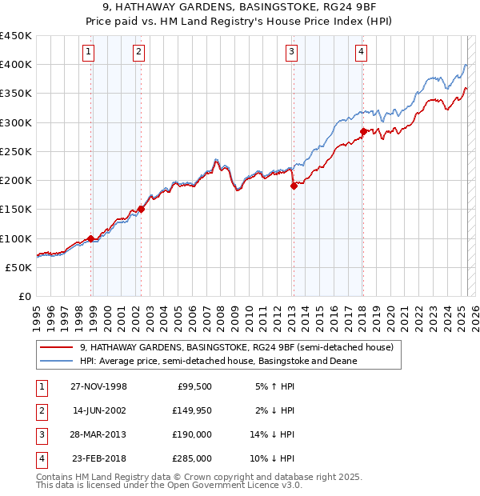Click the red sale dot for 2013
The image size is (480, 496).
click(294, 186)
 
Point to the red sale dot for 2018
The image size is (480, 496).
click(363, 131)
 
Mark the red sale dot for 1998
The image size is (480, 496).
click(91, 238)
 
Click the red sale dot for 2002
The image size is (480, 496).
click(142, 209)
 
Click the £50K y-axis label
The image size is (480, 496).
click(19, 267)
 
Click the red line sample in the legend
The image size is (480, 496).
click(56, 348)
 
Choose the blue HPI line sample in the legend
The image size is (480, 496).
click(56, 361)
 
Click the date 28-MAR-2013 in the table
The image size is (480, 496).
click(98, 436)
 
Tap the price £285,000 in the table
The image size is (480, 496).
click(193, 458)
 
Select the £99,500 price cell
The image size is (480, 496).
click(194, 386)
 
